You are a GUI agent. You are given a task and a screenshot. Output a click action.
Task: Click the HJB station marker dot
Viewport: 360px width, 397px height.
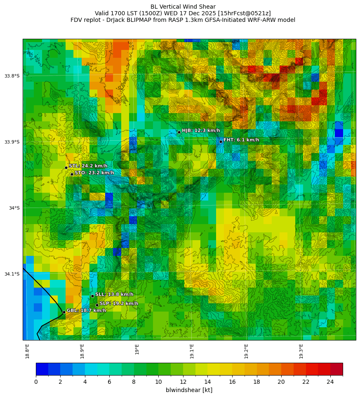[179, 132]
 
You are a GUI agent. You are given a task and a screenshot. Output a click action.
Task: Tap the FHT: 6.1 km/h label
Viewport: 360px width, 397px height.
[241, 140]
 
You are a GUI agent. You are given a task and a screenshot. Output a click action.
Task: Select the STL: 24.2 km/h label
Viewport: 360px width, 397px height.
[88, 166]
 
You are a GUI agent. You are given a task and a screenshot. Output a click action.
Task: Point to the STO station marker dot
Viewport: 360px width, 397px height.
[72, 174]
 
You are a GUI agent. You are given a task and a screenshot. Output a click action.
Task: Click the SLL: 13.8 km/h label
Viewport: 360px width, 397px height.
[114, 294]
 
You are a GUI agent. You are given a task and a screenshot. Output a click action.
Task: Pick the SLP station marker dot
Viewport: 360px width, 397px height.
[97, 305]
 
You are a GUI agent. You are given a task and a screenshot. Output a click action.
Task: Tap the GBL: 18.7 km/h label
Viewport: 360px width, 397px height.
[86, 310]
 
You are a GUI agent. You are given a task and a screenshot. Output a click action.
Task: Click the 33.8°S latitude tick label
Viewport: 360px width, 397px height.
[12, 76]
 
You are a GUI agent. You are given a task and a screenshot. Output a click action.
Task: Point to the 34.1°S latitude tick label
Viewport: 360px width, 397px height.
[12, 274]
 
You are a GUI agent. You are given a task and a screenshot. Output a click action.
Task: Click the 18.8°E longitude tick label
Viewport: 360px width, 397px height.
[27, 351]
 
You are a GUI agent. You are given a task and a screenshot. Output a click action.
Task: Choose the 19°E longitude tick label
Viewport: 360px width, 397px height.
[137, 349]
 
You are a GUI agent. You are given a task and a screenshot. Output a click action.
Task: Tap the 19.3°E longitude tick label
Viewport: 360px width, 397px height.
[301, 351]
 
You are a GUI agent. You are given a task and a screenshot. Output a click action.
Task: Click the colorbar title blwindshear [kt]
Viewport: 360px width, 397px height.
[189, 390]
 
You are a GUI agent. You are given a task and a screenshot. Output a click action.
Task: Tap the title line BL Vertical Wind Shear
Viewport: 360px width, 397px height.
[183, 7]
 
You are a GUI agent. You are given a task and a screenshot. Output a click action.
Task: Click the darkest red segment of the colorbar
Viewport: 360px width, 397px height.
[336, 369]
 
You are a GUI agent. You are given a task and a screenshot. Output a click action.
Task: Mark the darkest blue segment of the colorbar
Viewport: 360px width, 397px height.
[42, 369]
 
